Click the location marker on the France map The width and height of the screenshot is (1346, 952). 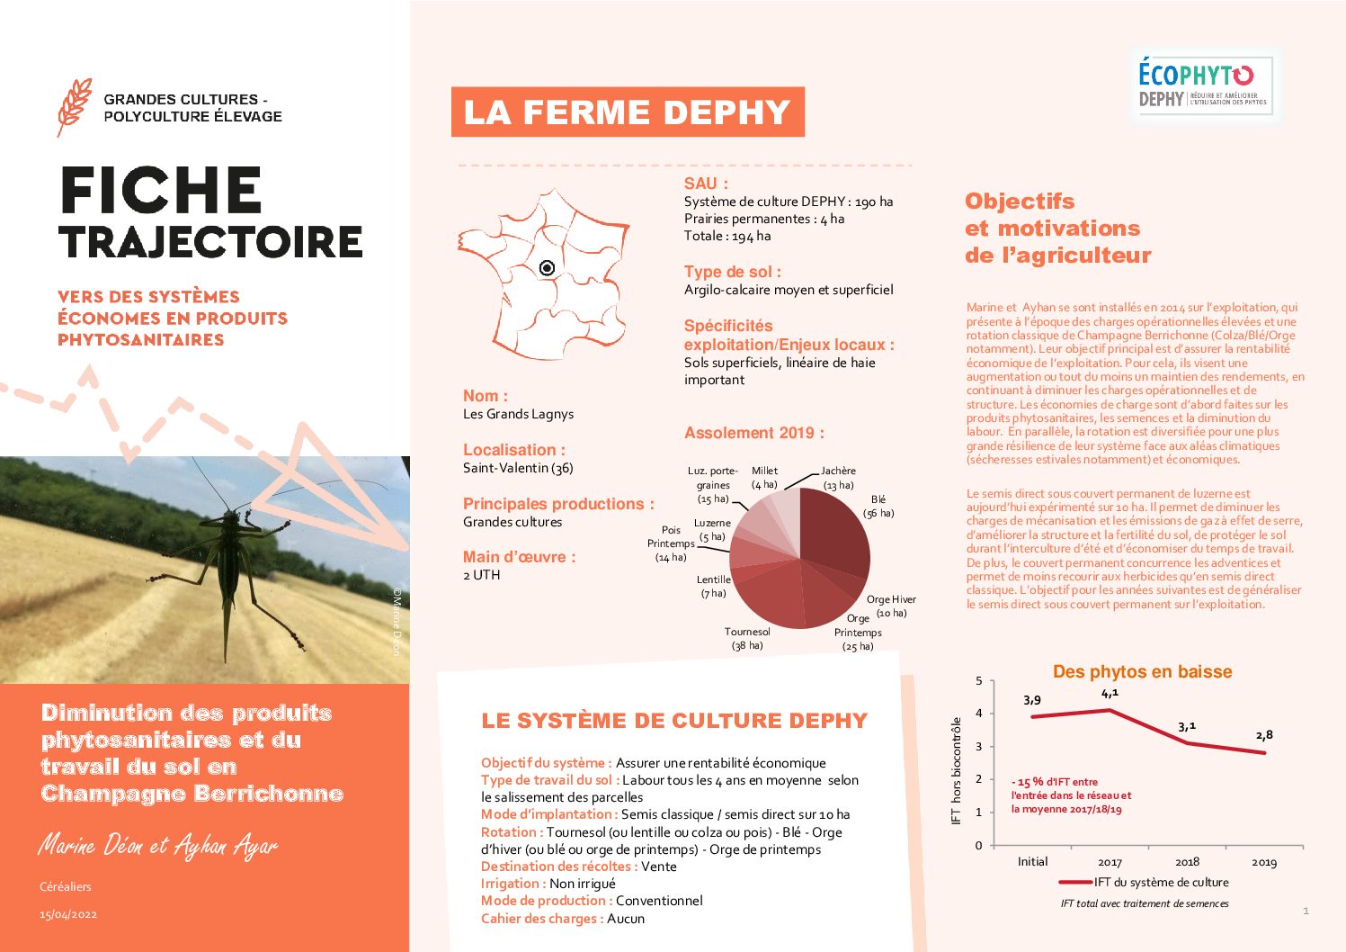coord(547,268)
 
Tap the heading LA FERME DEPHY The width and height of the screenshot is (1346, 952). coord(627,112)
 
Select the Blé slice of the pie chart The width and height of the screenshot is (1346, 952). coord(836,531)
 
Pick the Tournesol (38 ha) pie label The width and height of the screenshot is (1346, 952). coord(746,638)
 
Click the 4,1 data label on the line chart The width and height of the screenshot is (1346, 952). coord(1110,694)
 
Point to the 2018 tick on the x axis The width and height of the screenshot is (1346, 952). coord(1187,862)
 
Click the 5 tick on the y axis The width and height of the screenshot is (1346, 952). coord(979,681)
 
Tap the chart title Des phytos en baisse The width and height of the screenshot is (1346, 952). coord(1142,672)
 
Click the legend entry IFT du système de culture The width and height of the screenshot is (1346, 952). coord(1160,883)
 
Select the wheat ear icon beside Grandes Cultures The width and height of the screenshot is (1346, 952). coord(74,106)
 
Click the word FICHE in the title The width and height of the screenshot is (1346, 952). coord(161,191)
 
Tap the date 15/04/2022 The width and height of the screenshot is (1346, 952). coord(68,914)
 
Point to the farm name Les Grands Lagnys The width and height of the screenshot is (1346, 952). coord(518,414)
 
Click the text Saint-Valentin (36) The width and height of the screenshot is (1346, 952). coord(518,468)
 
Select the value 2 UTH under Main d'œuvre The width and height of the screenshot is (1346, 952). coord(482,575)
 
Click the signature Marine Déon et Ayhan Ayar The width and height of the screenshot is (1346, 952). coord(158,846)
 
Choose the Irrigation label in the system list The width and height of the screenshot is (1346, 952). coord(513,884)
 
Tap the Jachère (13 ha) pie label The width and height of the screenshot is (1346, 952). coord(838,478)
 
